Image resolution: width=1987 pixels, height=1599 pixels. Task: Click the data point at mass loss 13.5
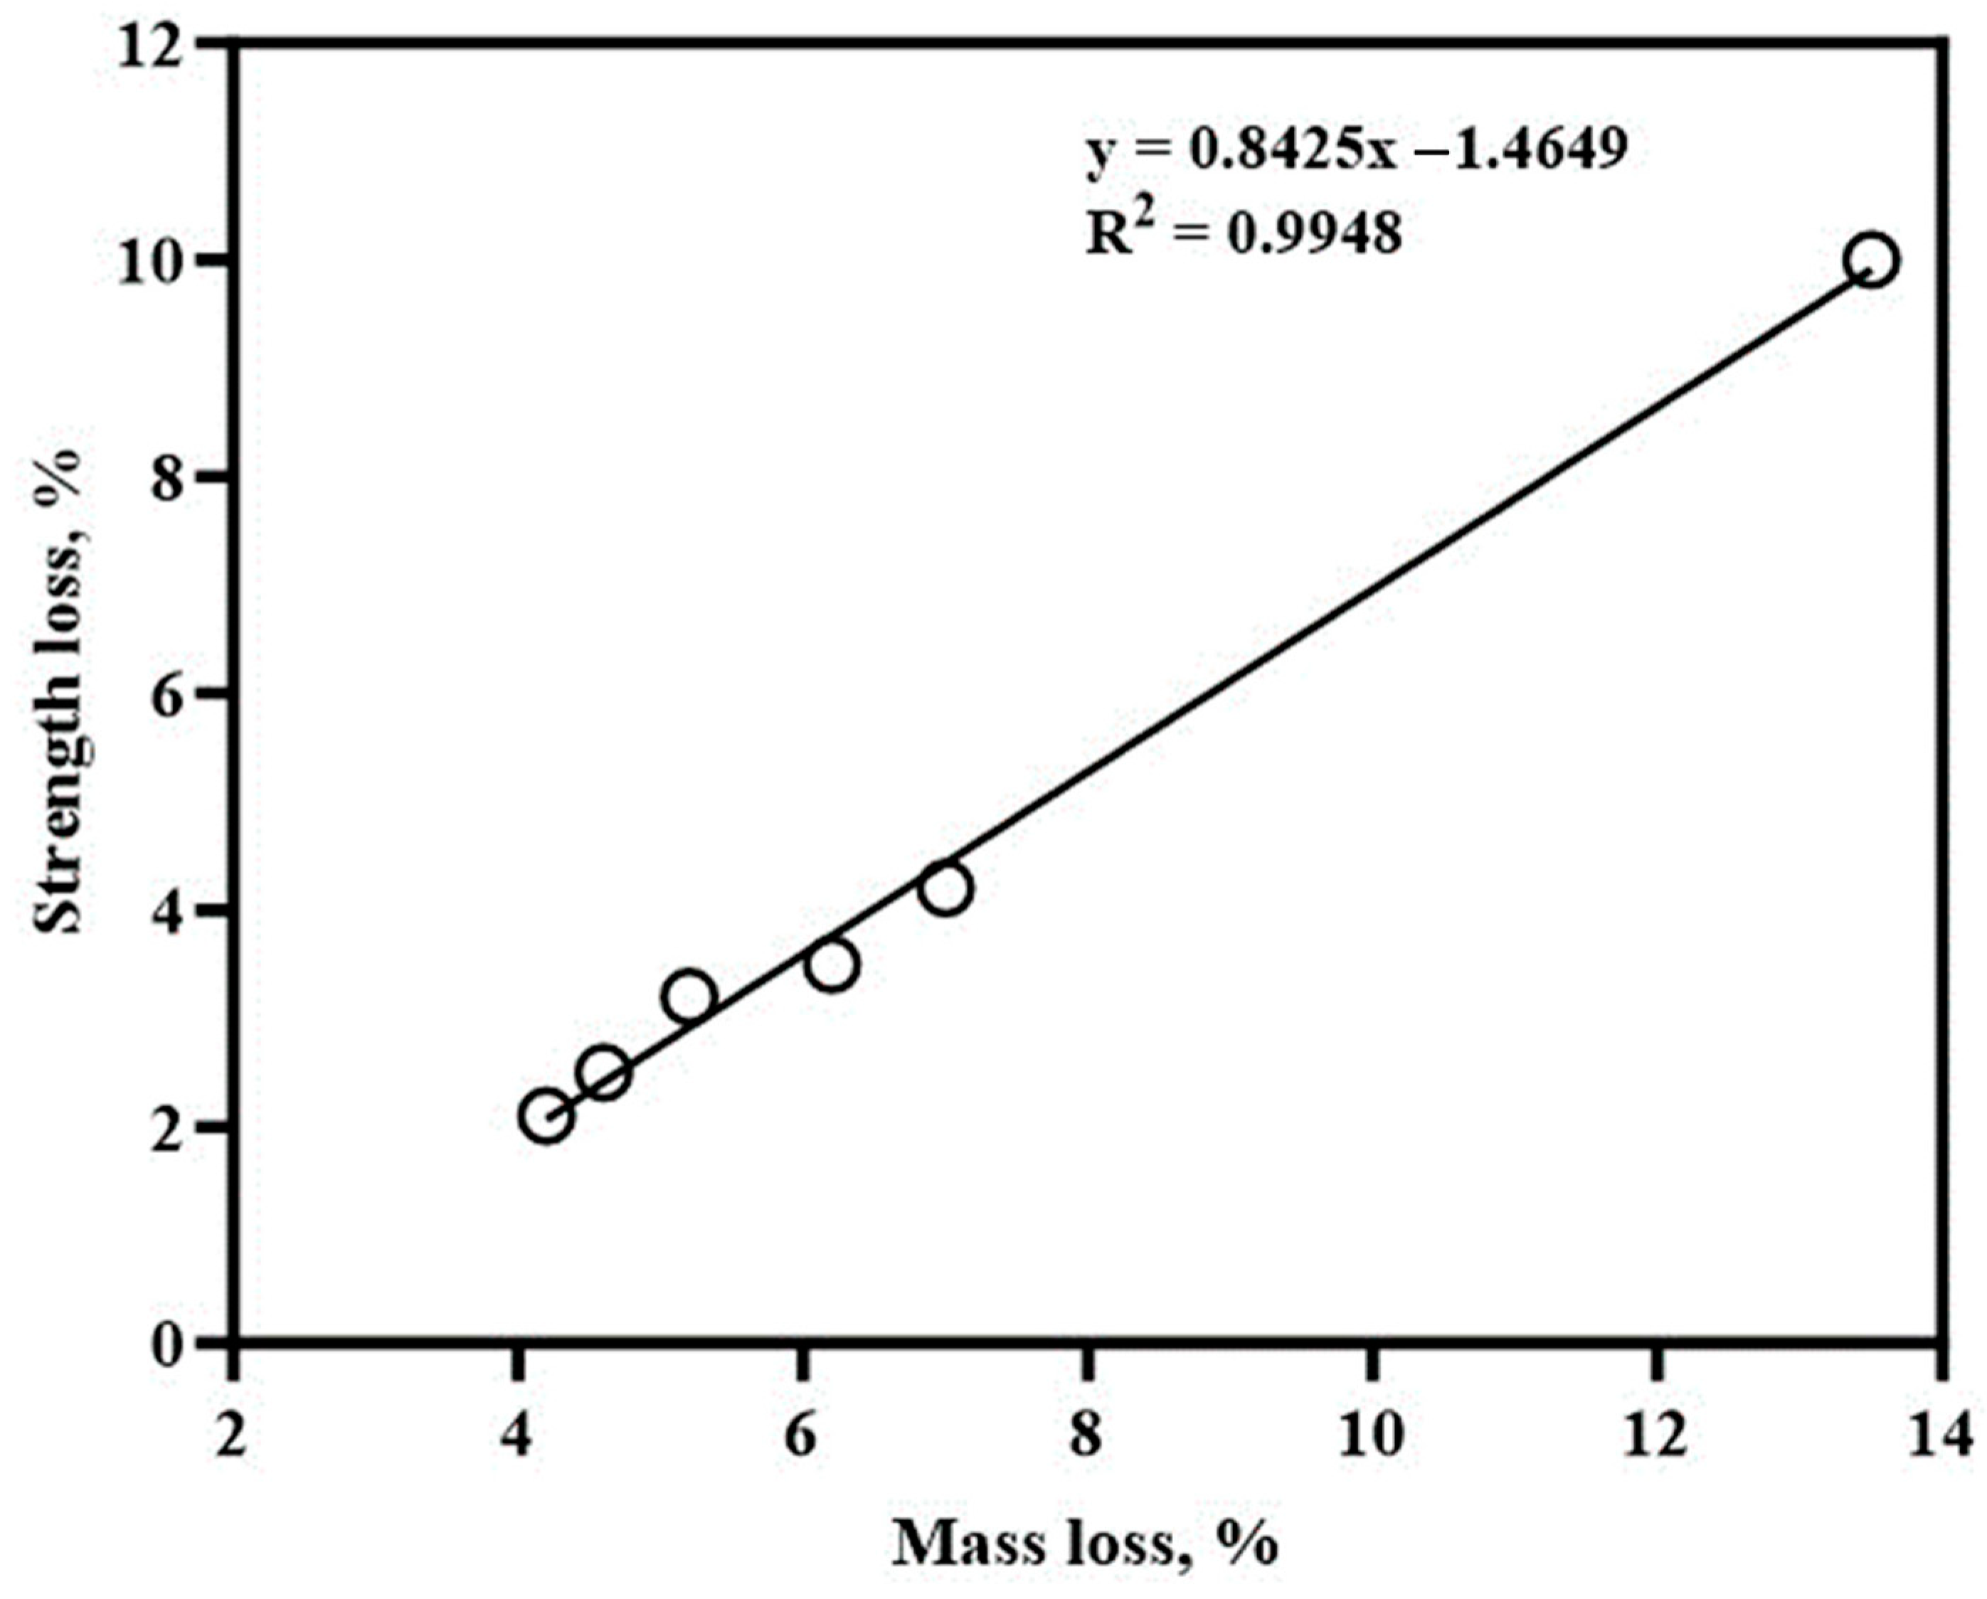pos(1872,261)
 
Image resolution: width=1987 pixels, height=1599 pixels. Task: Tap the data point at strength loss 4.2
pos(946,888)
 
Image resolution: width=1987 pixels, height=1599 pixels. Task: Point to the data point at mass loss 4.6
pos(605,1073)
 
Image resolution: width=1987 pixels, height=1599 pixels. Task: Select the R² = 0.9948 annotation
pos(1244,234)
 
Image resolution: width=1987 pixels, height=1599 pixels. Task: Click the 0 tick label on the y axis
pos(168,1346)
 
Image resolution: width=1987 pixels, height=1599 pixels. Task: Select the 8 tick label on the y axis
pos(168,480)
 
